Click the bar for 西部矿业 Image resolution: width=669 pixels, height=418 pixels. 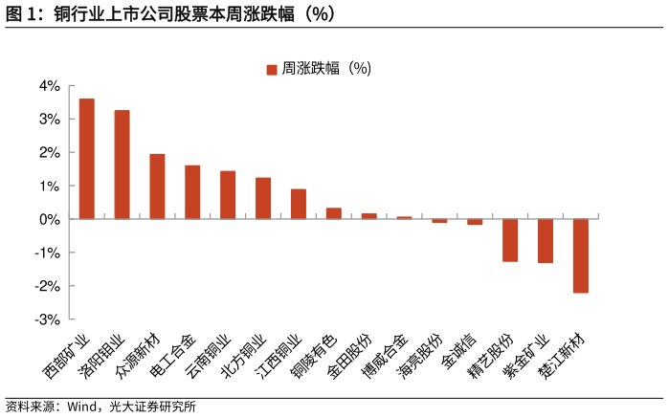pyautogui.click(x=86, y=159)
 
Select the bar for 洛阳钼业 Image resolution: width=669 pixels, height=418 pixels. pyautogui.click(x=122, y=165)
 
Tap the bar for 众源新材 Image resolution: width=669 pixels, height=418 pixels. pyautogui.click(x=157, y=187)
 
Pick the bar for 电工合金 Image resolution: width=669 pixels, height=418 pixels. pyautogui.click(x=192, y=192)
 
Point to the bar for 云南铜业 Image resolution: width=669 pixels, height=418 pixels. pyautogui.click(x=228, y=195)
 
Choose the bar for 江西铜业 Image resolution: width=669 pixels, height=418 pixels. pyautogui.click(x=299, y=204)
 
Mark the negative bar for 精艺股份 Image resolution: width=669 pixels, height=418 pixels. pyautogui.click(x=510, y=240)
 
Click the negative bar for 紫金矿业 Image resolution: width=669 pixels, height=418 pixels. pyautogui.click(x=546, y=241)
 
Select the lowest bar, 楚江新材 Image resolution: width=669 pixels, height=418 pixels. pyautogui.click(x=581, y=255)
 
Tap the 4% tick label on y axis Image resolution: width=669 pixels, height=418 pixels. pyautogui.click(x=49, y=86)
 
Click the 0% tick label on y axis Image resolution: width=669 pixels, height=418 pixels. pyautogui.click(x=49, y=219)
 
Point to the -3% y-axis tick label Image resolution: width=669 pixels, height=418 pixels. pyautogui.click(x=47, y=319)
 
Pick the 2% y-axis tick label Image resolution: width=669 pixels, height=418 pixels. pyautogui.click(x=49, y=153)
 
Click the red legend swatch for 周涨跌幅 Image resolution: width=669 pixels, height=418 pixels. pyautogui.click(x=272, y=69)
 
